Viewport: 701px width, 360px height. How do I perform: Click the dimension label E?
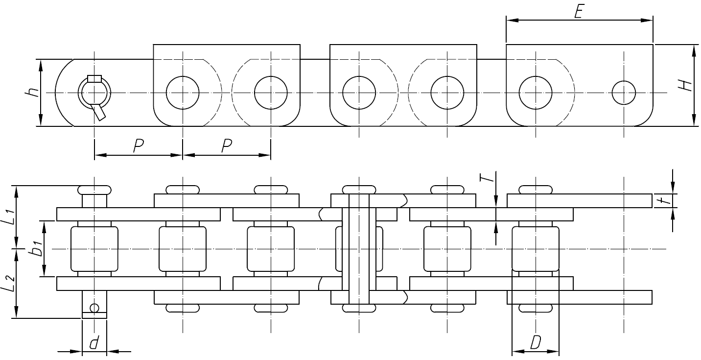click(x=578, y=12)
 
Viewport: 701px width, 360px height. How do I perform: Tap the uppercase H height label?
click(x=686, y=85)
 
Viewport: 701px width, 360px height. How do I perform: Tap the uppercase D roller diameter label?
click(x=535, y=343)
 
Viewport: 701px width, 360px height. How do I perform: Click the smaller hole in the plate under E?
click(x=624, y=92)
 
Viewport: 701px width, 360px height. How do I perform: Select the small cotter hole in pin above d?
click(x=94, y=308)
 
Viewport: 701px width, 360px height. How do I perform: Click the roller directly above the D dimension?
click(x=535, y=249)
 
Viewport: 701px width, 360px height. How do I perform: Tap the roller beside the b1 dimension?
click(x=94, y=249)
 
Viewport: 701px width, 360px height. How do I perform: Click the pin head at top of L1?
click(x=94, y=189)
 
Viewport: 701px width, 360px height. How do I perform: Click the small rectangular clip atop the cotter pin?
click(x=94, y=78)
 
